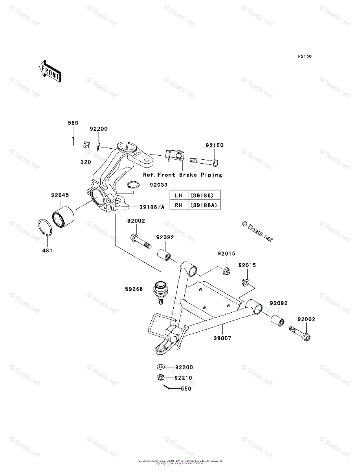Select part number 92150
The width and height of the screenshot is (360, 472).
215,146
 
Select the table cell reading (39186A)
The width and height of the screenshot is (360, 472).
204,205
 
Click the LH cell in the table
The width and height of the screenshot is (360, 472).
179,195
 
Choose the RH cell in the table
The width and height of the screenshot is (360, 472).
179,205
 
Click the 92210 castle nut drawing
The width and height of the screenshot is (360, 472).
160,378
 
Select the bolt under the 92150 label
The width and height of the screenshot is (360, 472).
205,161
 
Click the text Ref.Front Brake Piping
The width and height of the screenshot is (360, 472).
182,175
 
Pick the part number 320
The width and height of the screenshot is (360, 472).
86,162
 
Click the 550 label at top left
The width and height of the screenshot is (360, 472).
73,123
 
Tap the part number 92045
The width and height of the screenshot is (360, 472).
59,195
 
